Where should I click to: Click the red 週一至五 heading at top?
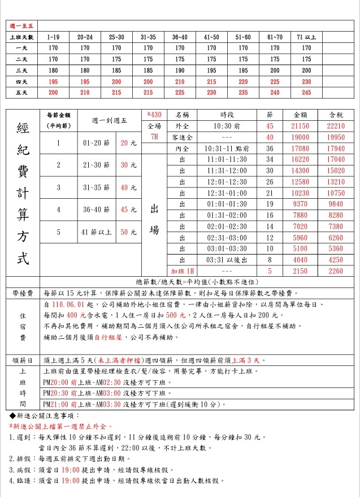tap(22, 26)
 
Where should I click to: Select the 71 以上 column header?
tap(306, 37)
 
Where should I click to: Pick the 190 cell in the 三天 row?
tap(180, 70)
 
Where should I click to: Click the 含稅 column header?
tap(336, 115)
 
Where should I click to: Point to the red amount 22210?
tap(336, 126)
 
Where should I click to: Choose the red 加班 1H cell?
tap(182, 271)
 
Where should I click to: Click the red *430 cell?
tap(154, 115)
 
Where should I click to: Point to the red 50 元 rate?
tap(128, 232)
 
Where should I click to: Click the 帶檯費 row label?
tap(22, 294)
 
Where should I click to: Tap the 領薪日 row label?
tap(22, 360)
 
